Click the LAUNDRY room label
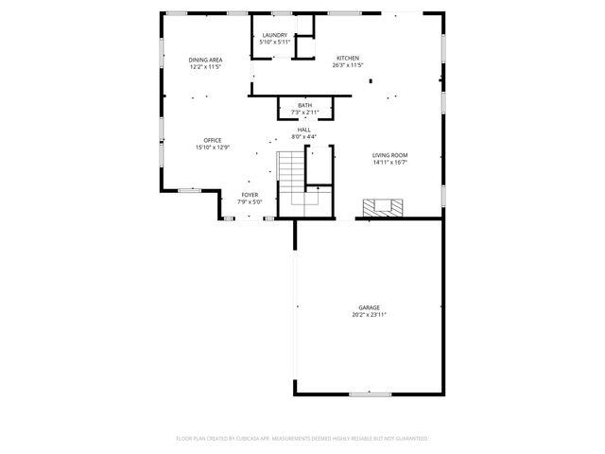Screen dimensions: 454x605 point(274,35)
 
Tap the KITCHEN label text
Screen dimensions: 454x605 point(347,59)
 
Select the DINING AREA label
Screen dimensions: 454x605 point(204,60)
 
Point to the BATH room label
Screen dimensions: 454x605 point(304,105)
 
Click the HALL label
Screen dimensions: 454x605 point(304,130)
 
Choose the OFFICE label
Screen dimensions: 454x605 point(213,140)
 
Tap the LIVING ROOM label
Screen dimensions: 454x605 point(389,154)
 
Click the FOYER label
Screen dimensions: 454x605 point(249,194)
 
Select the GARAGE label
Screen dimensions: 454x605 point(369,307)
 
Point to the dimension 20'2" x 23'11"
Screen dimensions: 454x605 point(369,314)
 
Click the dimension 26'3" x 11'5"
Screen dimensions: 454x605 point(347,66)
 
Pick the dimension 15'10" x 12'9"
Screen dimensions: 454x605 point(213,148)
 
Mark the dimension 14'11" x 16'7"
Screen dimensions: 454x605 point(389,162)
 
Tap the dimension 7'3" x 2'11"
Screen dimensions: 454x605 point(304,112)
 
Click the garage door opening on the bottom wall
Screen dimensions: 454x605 point(371,393)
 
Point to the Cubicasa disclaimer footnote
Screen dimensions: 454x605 point(302,438)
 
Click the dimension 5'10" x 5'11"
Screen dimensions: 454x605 point(274,42)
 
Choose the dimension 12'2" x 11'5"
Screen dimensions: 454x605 point(204,67)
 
